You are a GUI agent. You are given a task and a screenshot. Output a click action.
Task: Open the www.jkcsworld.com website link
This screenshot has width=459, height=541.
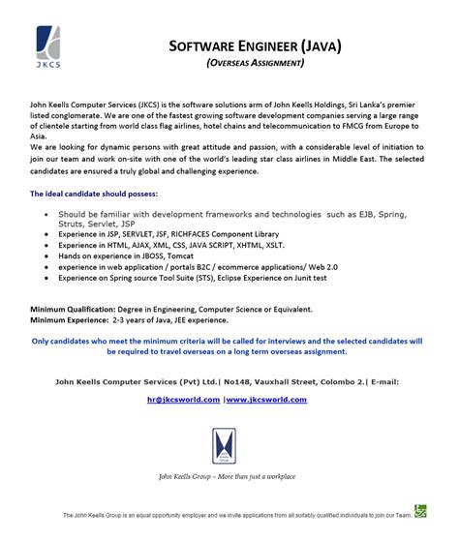click(x=267, y=399)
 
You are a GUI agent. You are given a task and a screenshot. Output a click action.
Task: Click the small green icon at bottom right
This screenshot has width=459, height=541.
click(x=420, y=511)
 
